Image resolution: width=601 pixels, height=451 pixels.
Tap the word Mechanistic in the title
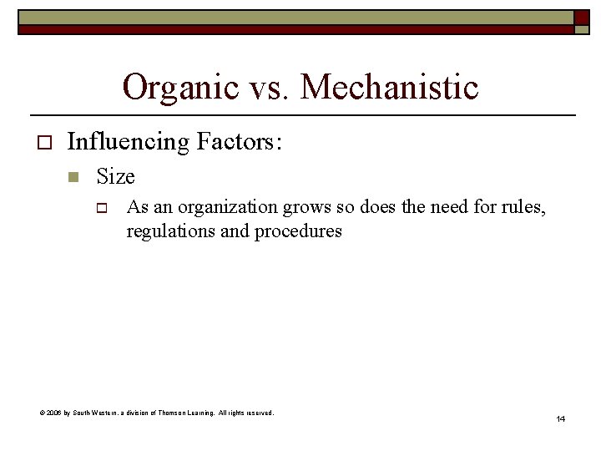pyautogui.click(x=390, y=87)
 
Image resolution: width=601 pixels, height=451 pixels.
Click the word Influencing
pyautogui.click(x=129, y=142)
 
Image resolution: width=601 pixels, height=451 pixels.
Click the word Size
pyautogui.click(x=115, y=177)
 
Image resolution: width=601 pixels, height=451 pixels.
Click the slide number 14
pyautogui.click(x=560, y=418)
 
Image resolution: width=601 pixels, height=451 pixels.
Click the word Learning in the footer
pyautogui.click(x=218, y=413)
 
